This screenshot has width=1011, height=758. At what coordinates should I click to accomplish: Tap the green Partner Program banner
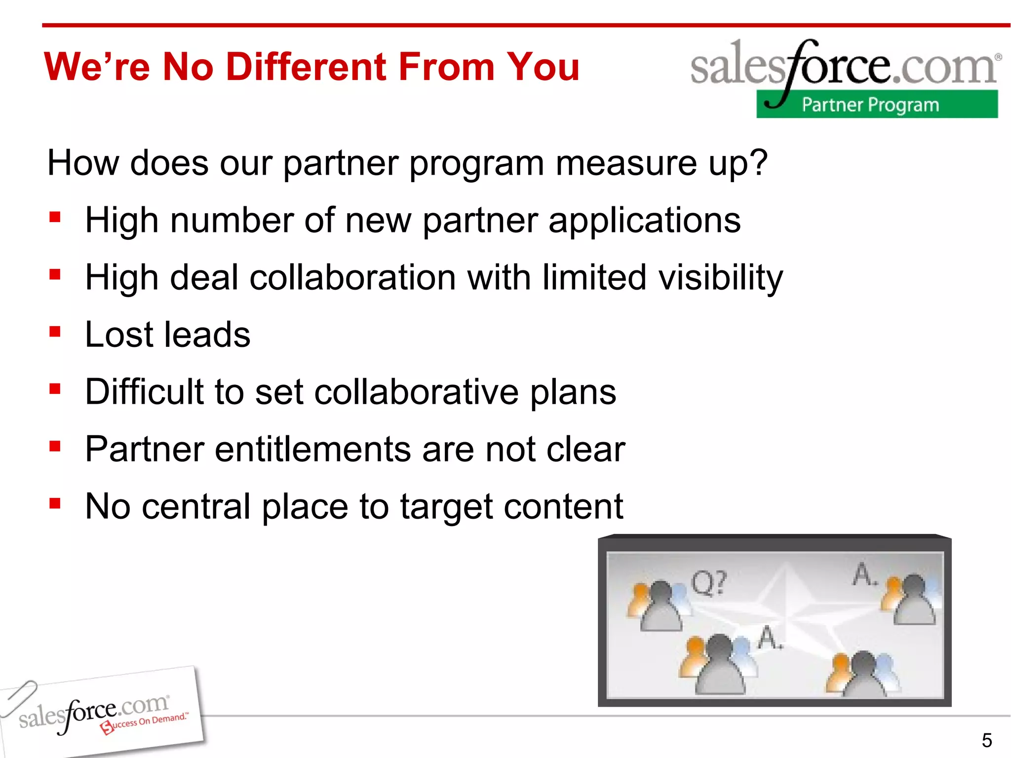coord(876,104)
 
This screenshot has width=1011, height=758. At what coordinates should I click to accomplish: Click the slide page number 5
coord(986,740)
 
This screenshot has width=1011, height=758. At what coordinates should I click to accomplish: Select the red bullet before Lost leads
coord(55,332)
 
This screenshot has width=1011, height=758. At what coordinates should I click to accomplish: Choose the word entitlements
coord(312,449)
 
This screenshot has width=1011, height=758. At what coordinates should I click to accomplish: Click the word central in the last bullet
coord(196,506)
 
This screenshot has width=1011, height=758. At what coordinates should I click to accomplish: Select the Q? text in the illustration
coord(709,583)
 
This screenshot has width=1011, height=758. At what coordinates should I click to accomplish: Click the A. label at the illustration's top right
coord(864,574)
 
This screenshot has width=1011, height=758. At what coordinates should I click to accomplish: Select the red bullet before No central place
coord(55,503)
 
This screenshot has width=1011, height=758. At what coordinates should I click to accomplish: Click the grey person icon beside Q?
coord(661,607)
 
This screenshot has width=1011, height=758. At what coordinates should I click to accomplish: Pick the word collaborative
coord(416,392)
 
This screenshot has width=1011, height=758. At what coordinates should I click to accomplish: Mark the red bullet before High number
coord(55,217)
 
